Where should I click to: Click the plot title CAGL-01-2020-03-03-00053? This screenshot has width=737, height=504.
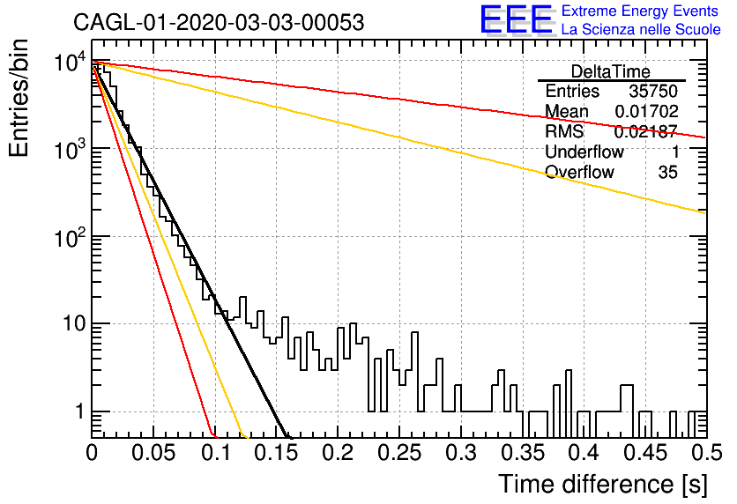tap(219, 22)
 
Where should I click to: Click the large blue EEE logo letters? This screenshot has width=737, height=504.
tap(517, 19)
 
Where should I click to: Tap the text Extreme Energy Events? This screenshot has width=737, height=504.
tap(640, 11)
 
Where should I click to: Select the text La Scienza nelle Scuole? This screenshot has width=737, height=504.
tap(641, 29)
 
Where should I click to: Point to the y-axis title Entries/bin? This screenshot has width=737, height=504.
tap(19, 98)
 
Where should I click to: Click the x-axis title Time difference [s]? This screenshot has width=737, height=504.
tap(603, 484)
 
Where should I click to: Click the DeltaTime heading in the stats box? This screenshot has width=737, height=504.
tap(611, 71)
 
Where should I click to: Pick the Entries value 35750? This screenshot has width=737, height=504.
tap(653, 91)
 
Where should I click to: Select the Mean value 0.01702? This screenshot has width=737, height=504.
tap(647, 111)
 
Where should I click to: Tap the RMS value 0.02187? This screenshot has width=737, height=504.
tap(646, 131)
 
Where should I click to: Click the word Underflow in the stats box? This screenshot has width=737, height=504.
tap(584, 152)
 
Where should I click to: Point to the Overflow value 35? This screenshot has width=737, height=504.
tap(668, 173)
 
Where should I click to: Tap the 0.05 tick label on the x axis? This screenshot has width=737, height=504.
tap(153, 453)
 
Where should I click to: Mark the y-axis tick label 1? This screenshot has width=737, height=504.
tap(80, 411)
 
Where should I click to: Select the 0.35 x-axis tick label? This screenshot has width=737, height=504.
tap(523, 453)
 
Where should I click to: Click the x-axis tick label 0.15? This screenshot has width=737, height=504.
tap(277, 453)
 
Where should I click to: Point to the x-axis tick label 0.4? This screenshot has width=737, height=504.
tap(584, 453)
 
